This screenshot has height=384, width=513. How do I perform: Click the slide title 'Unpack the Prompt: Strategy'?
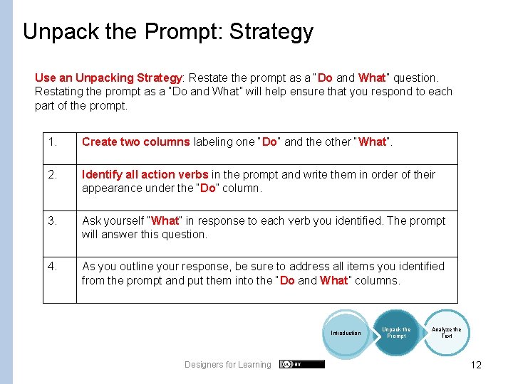click(168, 32)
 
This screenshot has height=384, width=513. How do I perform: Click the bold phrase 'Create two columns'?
click(135, 142)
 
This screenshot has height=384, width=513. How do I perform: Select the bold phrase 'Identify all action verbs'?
click(145, 175)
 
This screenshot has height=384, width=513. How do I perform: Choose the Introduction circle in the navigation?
click(346, 333)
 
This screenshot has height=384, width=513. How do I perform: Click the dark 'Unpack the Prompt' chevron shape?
click(396, 332)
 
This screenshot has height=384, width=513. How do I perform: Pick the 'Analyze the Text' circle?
click(447, 332)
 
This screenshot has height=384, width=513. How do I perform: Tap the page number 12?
click(476, 365)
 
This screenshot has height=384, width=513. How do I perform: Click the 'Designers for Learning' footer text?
click(228, 365)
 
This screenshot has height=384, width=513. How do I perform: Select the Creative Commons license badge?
click(302, 364)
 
